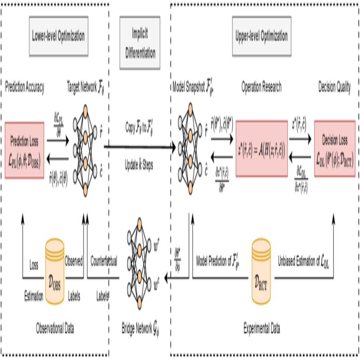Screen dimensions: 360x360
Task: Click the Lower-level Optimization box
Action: pos(59,36)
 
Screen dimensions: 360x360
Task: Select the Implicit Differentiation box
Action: pos(140,43)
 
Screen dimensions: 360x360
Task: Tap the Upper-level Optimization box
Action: pos(262,36)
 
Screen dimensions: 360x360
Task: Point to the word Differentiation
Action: pos(140,52)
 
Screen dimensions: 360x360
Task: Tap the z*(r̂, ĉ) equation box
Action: pos(262,149)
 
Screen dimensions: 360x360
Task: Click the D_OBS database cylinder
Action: pos(55,271)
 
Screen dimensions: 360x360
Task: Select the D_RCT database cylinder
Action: pos(262,271)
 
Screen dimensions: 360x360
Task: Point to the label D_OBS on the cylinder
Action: pos(55,284)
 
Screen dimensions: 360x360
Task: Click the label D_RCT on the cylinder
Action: pos(262,283)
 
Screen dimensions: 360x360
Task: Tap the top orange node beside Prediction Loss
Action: pos(85,112)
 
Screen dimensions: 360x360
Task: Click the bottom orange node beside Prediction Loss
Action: pos(85,190)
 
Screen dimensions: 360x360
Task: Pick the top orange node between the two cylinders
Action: pos(140,224)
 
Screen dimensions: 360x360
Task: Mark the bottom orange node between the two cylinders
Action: pos(140,302)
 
